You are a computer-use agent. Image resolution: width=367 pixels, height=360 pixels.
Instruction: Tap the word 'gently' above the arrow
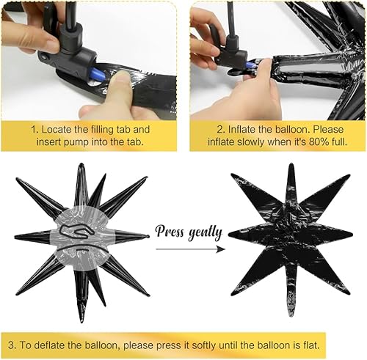click(x=205, y=233)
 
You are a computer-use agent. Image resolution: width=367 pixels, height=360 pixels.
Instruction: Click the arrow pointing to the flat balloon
click(x=189, y=249)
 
